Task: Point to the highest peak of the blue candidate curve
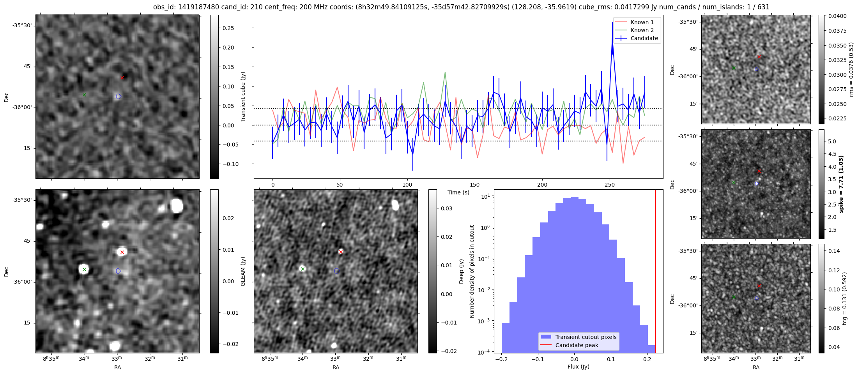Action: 612,23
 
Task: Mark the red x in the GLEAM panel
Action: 122,252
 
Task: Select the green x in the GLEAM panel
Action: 84,269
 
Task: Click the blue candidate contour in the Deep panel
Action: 337,271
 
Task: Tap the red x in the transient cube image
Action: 122,78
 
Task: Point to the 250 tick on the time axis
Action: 609,185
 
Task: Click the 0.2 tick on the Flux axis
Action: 647,359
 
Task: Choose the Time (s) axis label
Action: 458,192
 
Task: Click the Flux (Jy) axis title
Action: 578,367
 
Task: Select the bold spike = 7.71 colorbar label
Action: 841,184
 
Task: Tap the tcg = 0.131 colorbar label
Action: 845,298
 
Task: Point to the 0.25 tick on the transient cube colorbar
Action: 228,28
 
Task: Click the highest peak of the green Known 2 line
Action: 445,72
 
